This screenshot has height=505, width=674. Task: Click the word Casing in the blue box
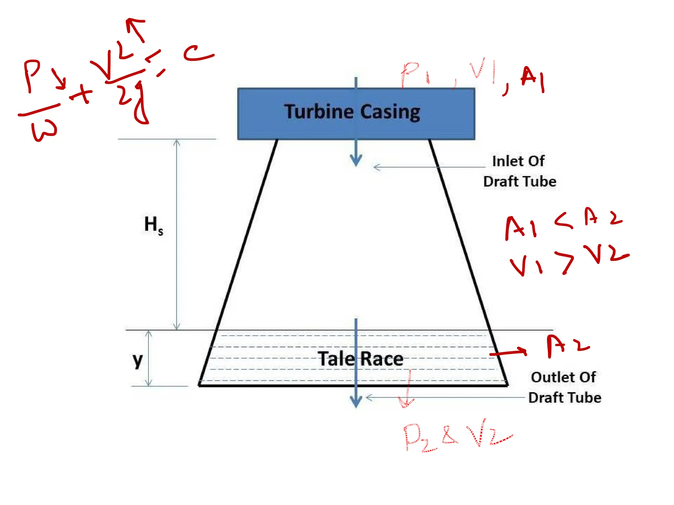[x=390, y=112]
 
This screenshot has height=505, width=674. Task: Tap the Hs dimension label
[x=153, y=225]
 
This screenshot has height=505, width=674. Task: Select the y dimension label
[x=138, y=360]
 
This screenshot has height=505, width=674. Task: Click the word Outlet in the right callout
[x=546, y=377]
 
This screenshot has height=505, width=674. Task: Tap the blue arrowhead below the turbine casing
[x=356, y=160]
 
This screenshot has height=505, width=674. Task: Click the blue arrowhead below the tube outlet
[x=356, y=401]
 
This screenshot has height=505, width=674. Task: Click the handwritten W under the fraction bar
[x=44, y=130]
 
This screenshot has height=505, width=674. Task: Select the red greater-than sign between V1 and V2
[x=565, y=261]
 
